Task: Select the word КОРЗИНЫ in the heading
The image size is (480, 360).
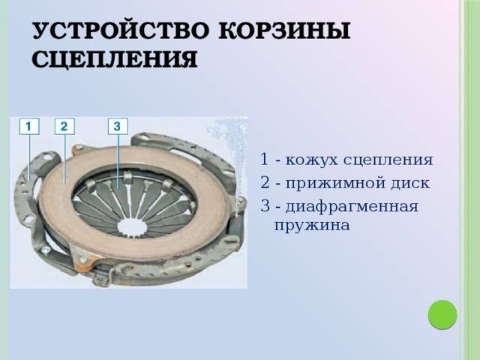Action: click(x=284, y=31)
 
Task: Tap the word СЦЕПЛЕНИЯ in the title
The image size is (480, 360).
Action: click(x=115, y=58)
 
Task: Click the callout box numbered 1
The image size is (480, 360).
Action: click(x=29, y=126)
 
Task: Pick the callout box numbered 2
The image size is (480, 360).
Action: click(x=64, y=126)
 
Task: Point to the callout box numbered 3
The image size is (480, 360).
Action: click(x=118, y=126)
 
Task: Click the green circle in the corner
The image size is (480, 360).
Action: click(x=442, y=315)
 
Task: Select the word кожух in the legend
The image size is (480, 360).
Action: click(x=312, y=160)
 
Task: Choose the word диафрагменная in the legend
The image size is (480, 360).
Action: click(x=352, y=207)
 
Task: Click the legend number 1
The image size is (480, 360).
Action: click(x=264, y=159)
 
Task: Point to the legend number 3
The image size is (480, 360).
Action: click(x=265, y=205)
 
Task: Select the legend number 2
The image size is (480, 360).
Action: click(x=265, y=182)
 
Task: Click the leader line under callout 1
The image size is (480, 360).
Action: click(x=29, y=157)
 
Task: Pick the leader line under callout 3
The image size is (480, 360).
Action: click(x=118, y=162)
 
